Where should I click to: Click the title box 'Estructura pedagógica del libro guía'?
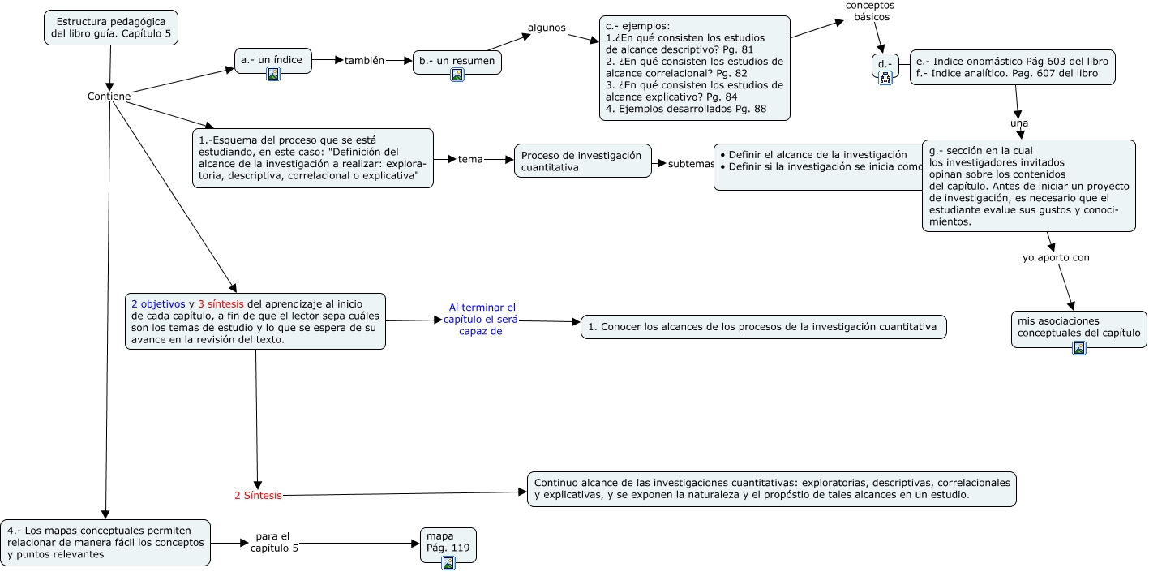pyautogui.click(x=110, y=28)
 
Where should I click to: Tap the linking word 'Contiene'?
pyautogui.click(x=109, y=97)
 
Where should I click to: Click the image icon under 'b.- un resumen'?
pyautogui.click(x=457, y=75)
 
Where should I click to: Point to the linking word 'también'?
pyautogui.click(x=364, y=60)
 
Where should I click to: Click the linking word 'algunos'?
pyautogui.click(x=547, y=28)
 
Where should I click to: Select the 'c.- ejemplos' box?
pyautogui.click(x=694, y=68)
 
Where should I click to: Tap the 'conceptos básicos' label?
pyautogui.click(x=869, y=11)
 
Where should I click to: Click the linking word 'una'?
pyautogui.click(x=1019, y=123)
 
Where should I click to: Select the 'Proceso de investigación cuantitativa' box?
pyautogui.click(x=581, y=161)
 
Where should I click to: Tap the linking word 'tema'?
pyautogui.click(x=470, y=159)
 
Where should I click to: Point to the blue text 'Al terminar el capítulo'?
pyautogui.click(x=482, y=319)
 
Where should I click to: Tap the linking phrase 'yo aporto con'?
pyautogui.click(x=1055, y=257)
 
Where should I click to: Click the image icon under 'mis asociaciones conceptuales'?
pyautogui.click(x=1078, y=348)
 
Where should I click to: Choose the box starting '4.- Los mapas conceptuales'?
pyautogui.click(x=105, y=543)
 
